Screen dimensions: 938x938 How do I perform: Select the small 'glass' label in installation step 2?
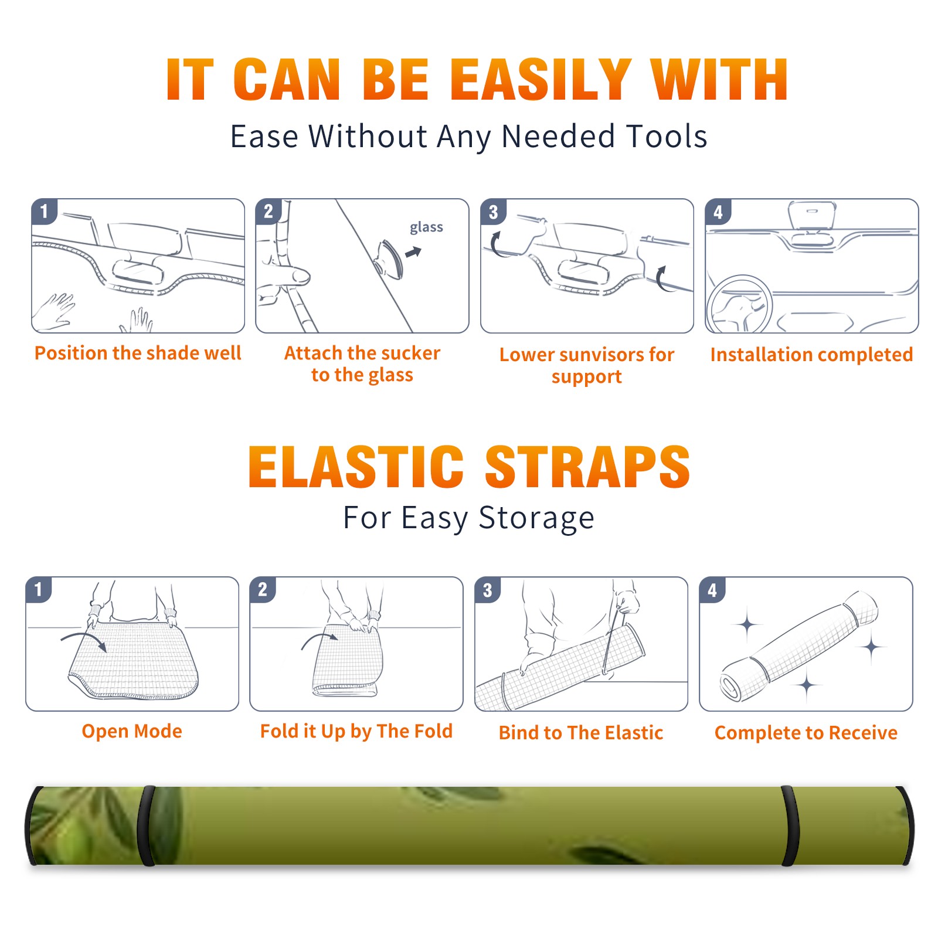point(426,227)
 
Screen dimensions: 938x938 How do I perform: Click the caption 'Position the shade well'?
point(138,353)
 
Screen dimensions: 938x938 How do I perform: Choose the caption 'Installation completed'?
point(811,354)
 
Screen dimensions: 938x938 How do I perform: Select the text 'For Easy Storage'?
point(468,518)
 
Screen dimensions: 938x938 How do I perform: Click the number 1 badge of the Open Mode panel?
point(39,589)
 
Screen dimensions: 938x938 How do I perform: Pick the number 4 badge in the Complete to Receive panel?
point(712,590)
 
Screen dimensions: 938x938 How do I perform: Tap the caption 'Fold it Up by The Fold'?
point(356,731)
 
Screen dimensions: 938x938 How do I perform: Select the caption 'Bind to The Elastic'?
point(581,733)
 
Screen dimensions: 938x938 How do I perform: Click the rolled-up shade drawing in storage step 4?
point(799,645)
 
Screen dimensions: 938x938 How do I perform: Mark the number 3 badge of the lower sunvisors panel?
point(493,212)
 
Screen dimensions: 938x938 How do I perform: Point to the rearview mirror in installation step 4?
point(812,216)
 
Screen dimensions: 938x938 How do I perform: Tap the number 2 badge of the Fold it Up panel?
point(263,589)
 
